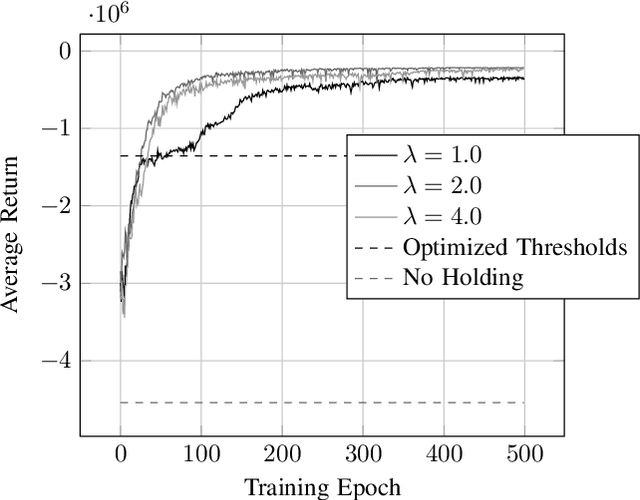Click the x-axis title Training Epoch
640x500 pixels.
pos(322,487)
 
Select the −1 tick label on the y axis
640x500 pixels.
pos(57,128)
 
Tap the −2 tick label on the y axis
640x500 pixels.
pos(57,205)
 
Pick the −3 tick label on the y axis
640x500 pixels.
pos(57,282)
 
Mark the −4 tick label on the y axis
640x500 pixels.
pos(57,359)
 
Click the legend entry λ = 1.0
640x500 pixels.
pos(440,157)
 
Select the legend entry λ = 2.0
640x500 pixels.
pos(440,187)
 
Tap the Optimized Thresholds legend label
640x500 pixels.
pos(515,247)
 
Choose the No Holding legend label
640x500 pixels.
pos(463,277)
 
